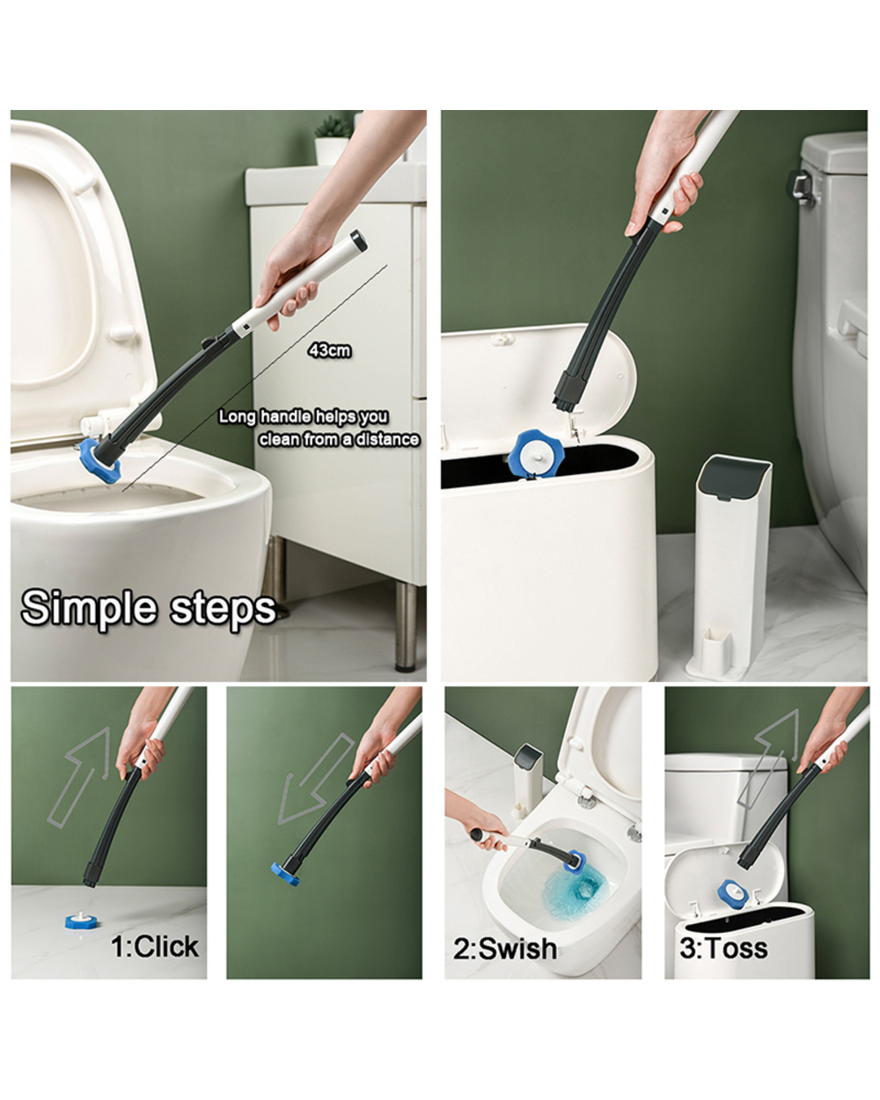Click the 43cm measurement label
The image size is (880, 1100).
(x=329, y=350)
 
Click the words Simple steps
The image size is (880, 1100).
(x=148, y=608)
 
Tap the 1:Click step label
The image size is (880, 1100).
(x=155, y=947)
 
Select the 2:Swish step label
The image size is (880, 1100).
(x=504, y=948)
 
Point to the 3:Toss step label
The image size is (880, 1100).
(x=723, y=948)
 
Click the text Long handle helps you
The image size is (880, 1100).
(x=303, y=416)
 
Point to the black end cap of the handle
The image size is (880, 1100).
(x=357, y=238)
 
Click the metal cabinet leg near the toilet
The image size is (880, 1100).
(x=406, y=625)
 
